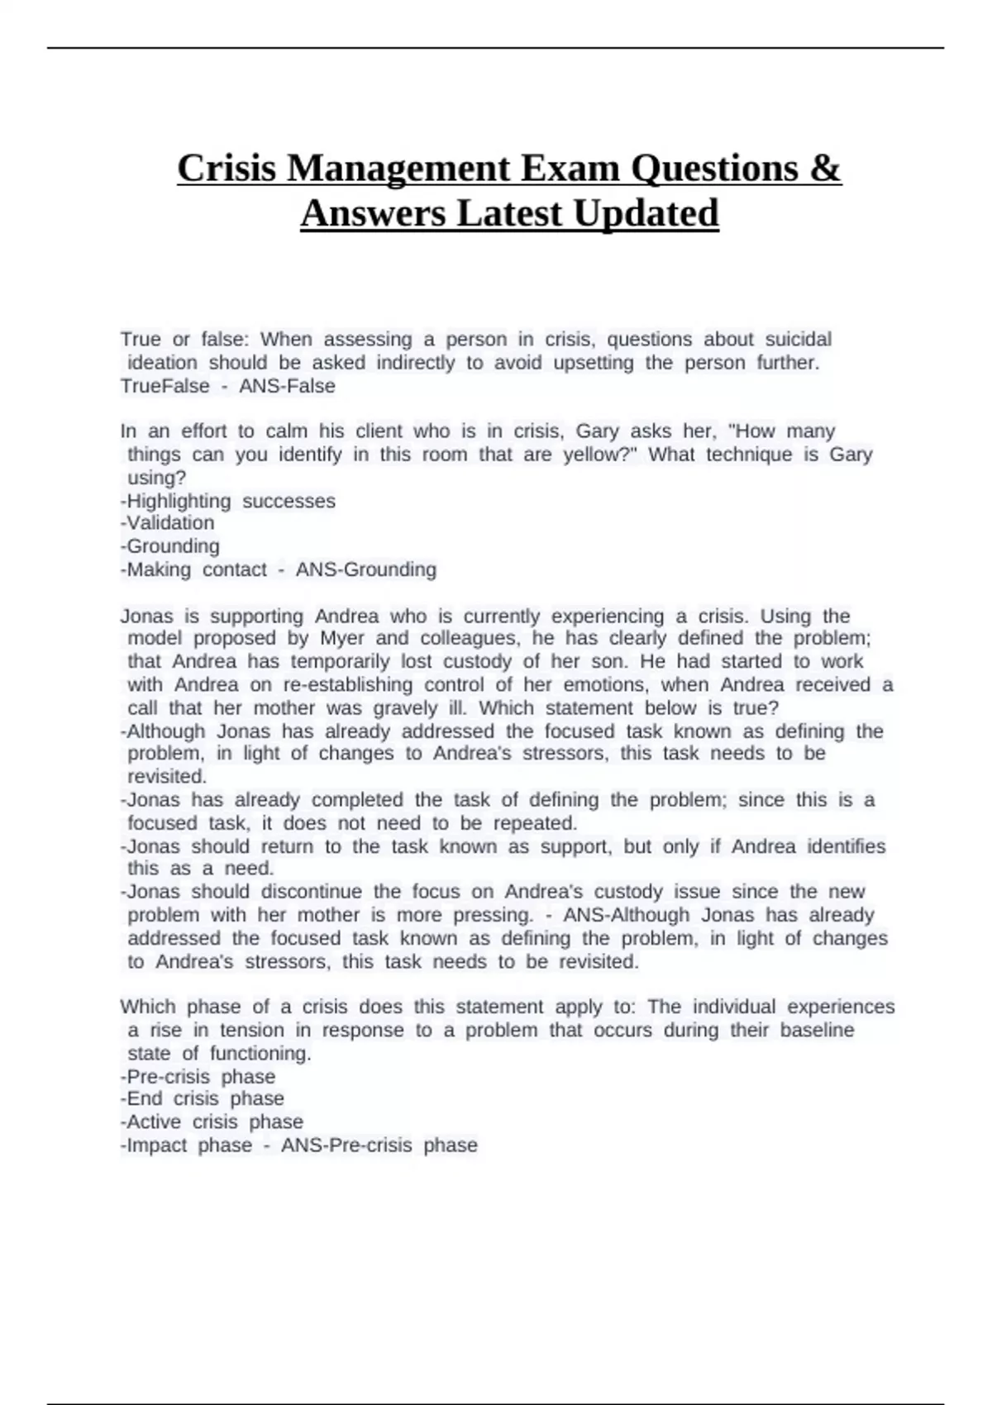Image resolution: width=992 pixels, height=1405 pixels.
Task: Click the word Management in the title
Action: (x=399, y=169)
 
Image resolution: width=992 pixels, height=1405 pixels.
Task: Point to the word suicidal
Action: (x=798, y=340)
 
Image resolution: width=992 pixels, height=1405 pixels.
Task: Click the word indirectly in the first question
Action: (x=416, y=363)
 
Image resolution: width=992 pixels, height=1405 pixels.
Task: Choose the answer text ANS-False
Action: (x=287, y=386)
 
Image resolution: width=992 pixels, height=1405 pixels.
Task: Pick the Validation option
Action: (x=170, y=523)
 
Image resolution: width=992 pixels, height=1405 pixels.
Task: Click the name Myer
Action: (x=341, y=639)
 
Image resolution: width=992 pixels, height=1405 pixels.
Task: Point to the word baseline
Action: (x=817, y=1031)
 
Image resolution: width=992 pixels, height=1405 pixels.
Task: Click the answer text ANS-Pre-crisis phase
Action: (x=379, y=1145)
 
